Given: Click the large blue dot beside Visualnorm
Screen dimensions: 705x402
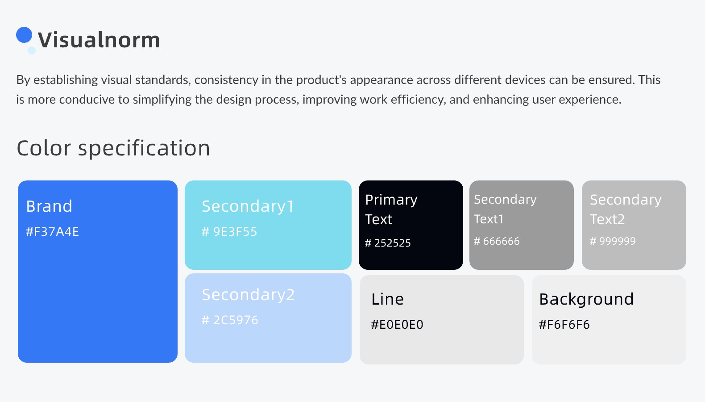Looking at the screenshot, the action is pos(24,35).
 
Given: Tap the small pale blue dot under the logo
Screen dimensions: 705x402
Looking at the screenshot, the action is pos(32,50).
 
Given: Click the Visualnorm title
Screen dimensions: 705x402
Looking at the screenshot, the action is pos(99,40).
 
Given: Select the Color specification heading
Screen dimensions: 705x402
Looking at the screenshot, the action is pos(113,148).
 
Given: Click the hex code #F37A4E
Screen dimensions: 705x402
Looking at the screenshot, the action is pos(52,232).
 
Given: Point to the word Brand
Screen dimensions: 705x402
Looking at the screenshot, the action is pos(49,206).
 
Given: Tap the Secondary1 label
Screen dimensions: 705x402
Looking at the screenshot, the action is pos(248,207).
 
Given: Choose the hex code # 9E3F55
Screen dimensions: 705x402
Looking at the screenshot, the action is pos(229,231).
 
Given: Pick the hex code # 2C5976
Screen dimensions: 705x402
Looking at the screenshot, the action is pos(230,320).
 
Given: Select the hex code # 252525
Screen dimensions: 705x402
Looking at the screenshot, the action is pos(388,243).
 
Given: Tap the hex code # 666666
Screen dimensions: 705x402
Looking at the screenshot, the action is pos(497,241).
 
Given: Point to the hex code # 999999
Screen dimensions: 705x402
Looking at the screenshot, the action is pos(613,241).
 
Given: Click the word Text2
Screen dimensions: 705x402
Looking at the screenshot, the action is pos(607,220).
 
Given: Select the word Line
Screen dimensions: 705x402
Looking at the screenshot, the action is pos(387,299).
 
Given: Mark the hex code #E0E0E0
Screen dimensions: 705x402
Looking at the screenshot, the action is pos(397,324).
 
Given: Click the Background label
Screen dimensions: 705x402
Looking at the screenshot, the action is pos(586,300).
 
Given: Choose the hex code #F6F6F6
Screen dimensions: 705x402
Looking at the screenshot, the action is pos(564,324).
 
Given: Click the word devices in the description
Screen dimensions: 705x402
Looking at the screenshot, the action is pos(525,80).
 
